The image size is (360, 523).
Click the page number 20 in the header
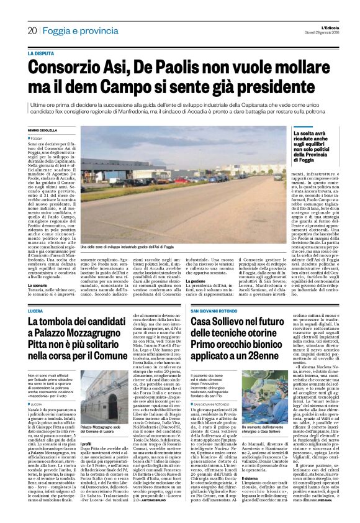click(32, 30)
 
